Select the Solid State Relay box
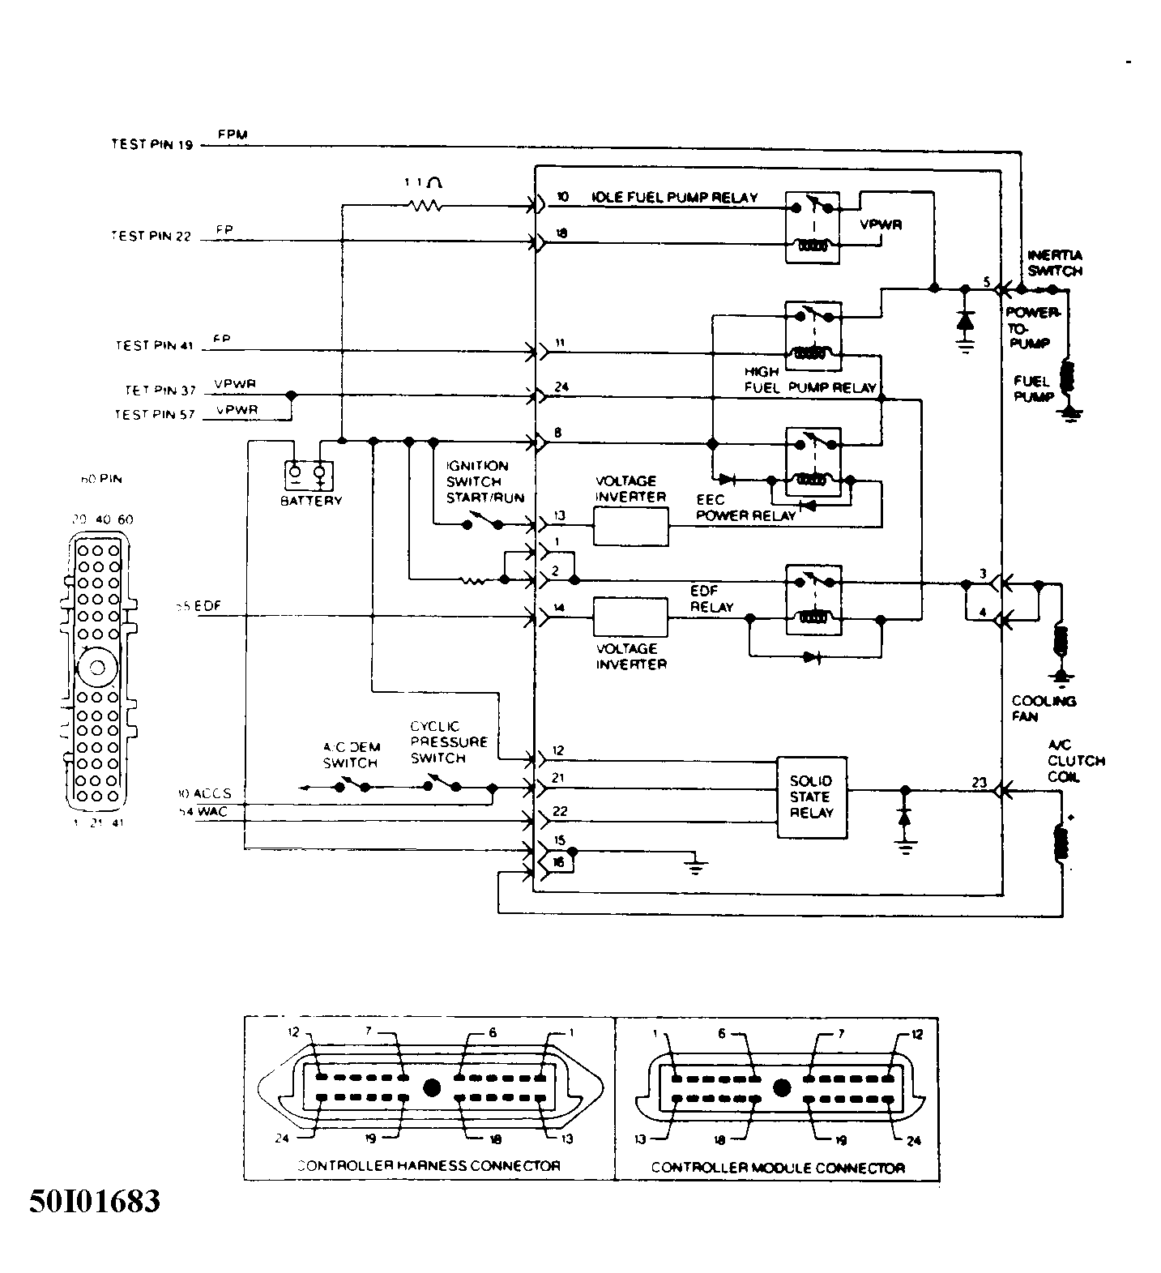point(811,797)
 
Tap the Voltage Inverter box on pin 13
point(631,527)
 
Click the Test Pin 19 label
point(152,145)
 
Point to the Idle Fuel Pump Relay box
point(813,227)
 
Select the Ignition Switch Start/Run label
point(484,481)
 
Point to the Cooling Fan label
point(1043,708)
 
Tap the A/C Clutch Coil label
point(1075,761)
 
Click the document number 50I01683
point(95,1201)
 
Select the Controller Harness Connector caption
point(429,1166)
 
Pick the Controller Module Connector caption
point(777,1168)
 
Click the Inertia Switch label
point(1053,263)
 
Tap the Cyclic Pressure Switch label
point(448,741)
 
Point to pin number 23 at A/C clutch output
point(979,783)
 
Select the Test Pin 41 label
point(155,346)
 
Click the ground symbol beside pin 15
point(694,865)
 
